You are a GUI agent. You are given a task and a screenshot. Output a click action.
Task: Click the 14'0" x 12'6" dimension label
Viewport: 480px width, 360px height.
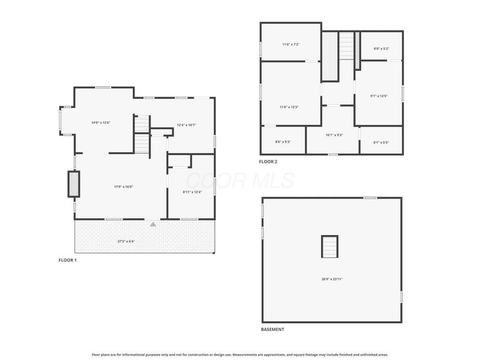100,122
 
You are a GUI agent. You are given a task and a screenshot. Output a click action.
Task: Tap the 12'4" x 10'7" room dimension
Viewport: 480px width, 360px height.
186,125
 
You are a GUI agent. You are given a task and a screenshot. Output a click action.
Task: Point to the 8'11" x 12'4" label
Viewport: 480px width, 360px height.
192,192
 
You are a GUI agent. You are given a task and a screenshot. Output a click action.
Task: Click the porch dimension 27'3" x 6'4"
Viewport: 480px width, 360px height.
126,242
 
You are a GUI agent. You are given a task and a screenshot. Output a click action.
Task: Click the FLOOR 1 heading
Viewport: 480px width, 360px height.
67,260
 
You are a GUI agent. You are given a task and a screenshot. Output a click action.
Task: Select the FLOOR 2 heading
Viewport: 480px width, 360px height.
268,161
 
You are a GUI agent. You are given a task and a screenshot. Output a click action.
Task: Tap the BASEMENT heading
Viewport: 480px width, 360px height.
272,329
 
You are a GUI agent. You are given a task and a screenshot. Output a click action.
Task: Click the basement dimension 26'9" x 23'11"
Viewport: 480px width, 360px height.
332,278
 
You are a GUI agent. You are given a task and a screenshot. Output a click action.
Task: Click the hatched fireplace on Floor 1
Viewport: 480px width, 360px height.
73,184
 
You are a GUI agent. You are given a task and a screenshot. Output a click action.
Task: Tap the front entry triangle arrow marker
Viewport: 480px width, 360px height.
153,224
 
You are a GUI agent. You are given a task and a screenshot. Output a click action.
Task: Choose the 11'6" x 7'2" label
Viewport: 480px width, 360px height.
290,44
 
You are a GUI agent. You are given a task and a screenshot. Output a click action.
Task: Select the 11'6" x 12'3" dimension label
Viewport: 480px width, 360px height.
289,107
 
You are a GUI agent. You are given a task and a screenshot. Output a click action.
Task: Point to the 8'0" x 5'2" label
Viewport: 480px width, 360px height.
382,49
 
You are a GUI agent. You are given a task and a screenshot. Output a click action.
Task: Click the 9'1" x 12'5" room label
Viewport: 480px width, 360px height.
379,96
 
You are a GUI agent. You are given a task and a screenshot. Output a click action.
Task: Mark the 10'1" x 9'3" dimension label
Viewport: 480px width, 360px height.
334,135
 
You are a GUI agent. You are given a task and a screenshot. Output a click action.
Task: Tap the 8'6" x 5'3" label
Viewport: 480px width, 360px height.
283,142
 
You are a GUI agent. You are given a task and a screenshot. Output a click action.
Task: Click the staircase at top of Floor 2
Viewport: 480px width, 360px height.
347,46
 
